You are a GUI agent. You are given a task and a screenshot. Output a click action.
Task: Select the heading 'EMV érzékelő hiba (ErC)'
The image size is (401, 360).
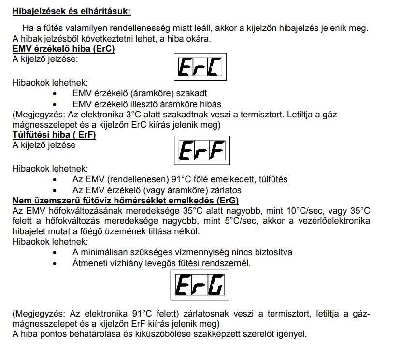63,49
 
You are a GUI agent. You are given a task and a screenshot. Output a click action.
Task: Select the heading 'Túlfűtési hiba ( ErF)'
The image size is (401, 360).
54,135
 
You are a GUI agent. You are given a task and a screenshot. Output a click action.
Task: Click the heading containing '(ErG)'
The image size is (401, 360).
126,200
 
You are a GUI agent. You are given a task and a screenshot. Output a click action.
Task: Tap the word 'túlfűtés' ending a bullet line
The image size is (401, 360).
272,179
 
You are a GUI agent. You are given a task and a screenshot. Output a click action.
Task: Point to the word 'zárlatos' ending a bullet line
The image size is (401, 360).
226,190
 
